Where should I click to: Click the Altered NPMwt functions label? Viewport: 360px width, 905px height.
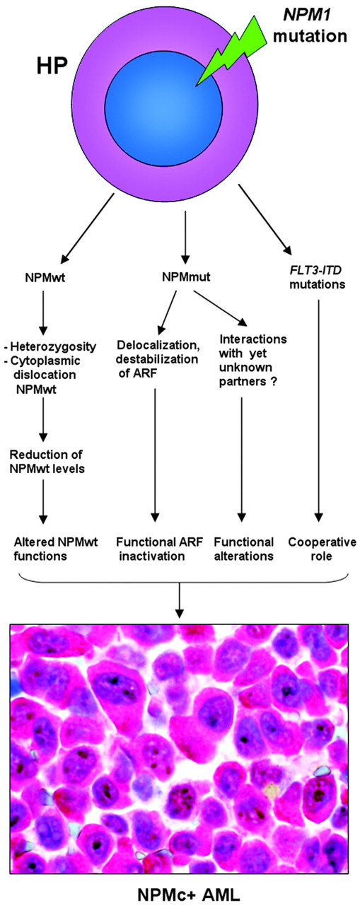pyautogui.click(x=47, y=549)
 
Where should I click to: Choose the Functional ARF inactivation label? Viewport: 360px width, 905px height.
pyautogui.click(x=154, y=549)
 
